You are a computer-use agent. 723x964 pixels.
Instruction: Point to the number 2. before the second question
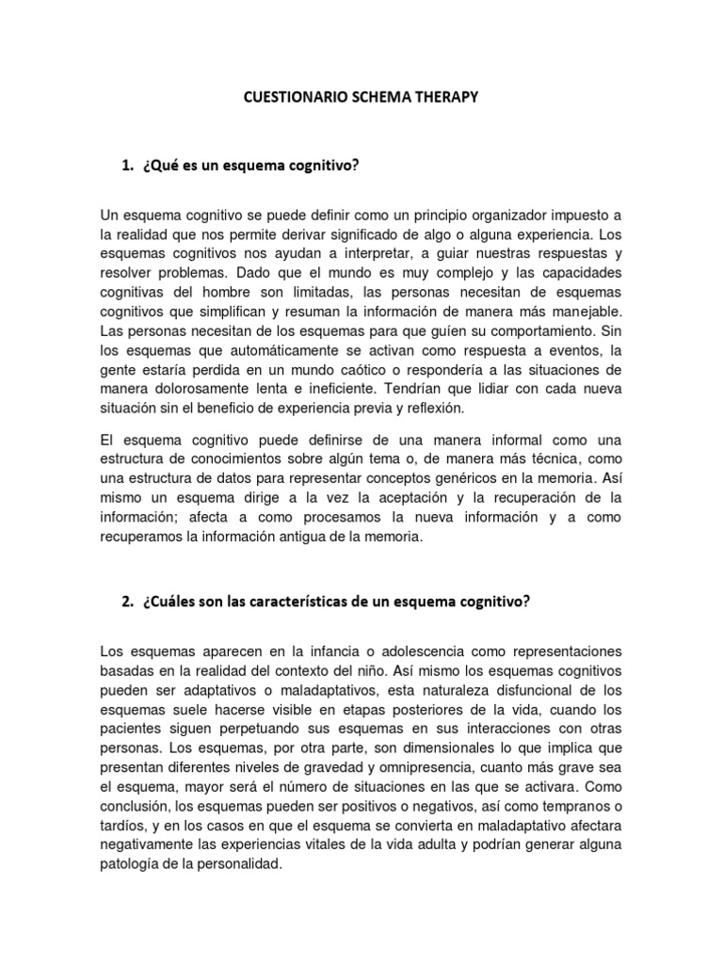128,603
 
